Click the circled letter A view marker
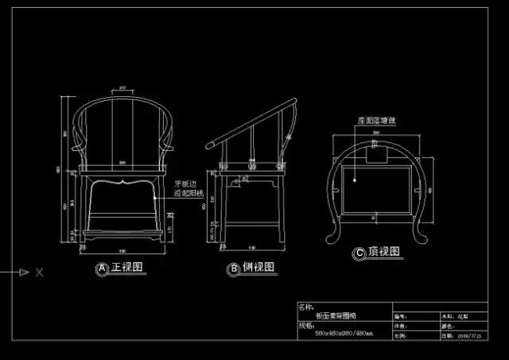(x=102, y=269)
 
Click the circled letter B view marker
(x=234, y=269)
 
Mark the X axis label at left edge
(x=39, y=273)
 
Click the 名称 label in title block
(x=305, y=306)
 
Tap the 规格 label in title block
(x=306, y=326)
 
